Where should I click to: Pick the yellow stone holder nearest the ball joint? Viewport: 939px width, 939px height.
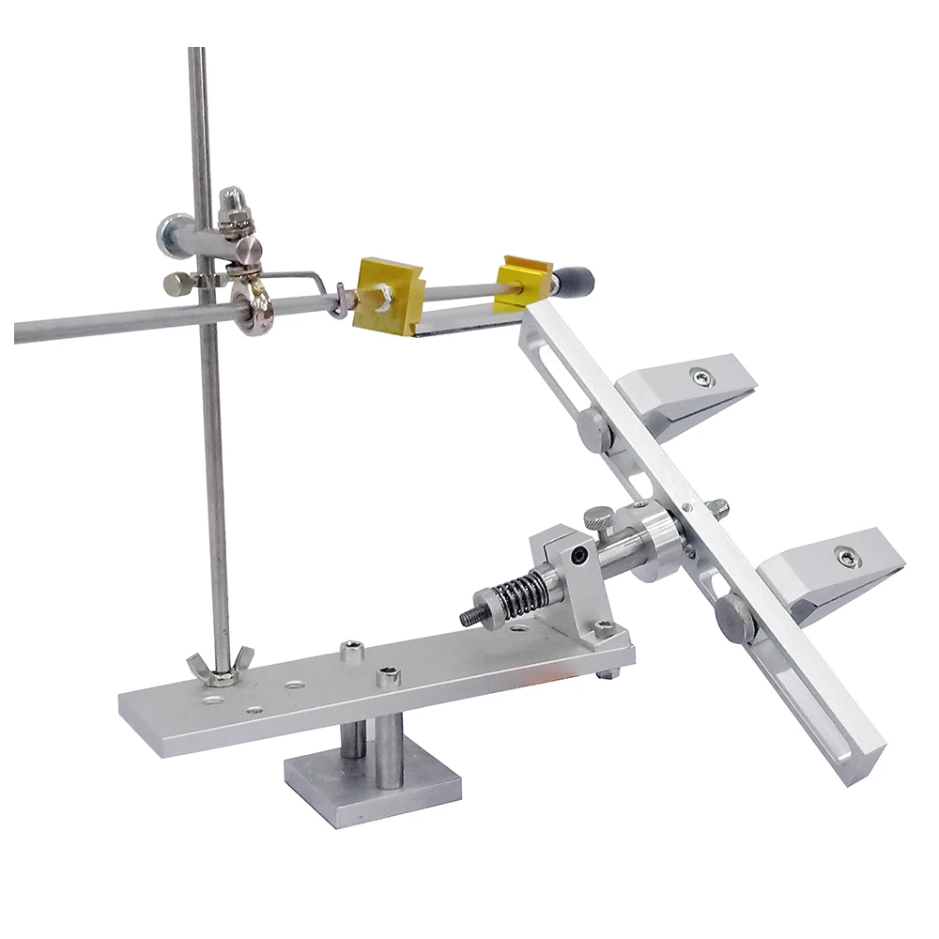pos(386,296)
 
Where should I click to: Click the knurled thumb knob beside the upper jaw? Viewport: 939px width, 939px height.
pos(594,428)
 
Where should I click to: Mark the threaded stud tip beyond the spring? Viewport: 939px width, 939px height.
pos(468,617)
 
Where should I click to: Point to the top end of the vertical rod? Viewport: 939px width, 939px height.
pos(195,52)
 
